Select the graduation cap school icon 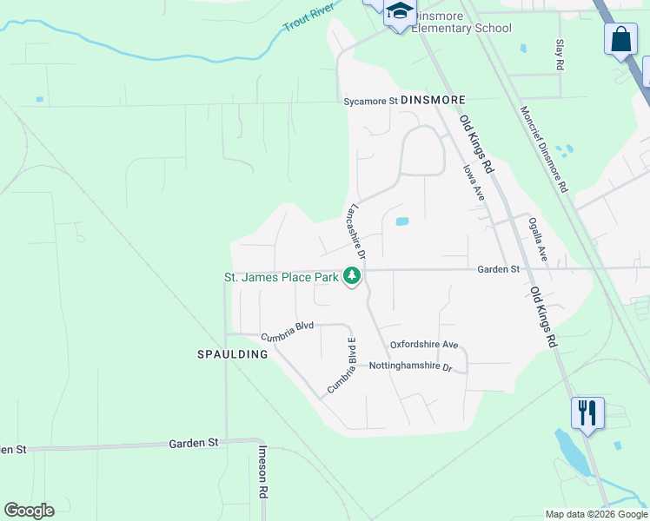(x=400, y=11)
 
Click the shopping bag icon (x=620, y=39)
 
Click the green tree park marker (x=352, y=276)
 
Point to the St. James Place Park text (x=282, y=278)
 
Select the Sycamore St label (x=370, y=101)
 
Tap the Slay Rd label (x=560, y=54)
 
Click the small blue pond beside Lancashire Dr (x=402, y=221)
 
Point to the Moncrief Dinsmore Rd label (x=544, y=148)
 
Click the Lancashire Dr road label (x=356, y=231)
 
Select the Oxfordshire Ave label (x=423, y=345)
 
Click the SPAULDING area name (x=231, y=354)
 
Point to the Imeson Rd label (x=262, y=472)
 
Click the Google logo (x=29, y=510)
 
